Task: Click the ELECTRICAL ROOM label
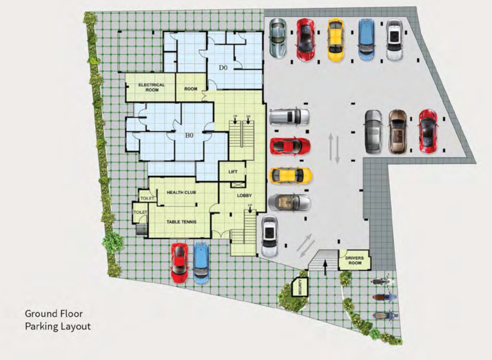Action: click(151, 87)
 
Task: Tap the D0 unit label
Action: click(223, 67)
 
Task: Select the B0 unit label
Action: click(189, 135)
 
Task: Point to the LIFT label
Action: click(233, 172)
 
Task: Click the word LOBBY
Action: click(245, 195)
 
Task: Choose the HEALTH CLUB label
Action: click(181, 193)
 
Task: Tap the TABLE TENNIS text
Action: click(181, 222)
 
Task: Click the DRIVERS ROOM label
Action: click(354, 261)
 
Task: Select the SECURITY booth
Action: click(298, 286)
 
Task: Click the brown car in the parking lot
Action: click(398, 132)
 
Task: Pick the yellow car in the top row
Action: click(335, 39)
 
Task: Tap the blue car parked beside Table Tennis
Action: click(201, 262)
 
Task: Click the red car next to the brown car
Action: click(427, 130)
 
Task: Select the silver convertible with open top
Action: click(289, 202)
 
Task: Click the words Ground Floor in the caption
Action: click(53, 314)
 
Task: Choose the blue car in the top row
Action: click(366, 39)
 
